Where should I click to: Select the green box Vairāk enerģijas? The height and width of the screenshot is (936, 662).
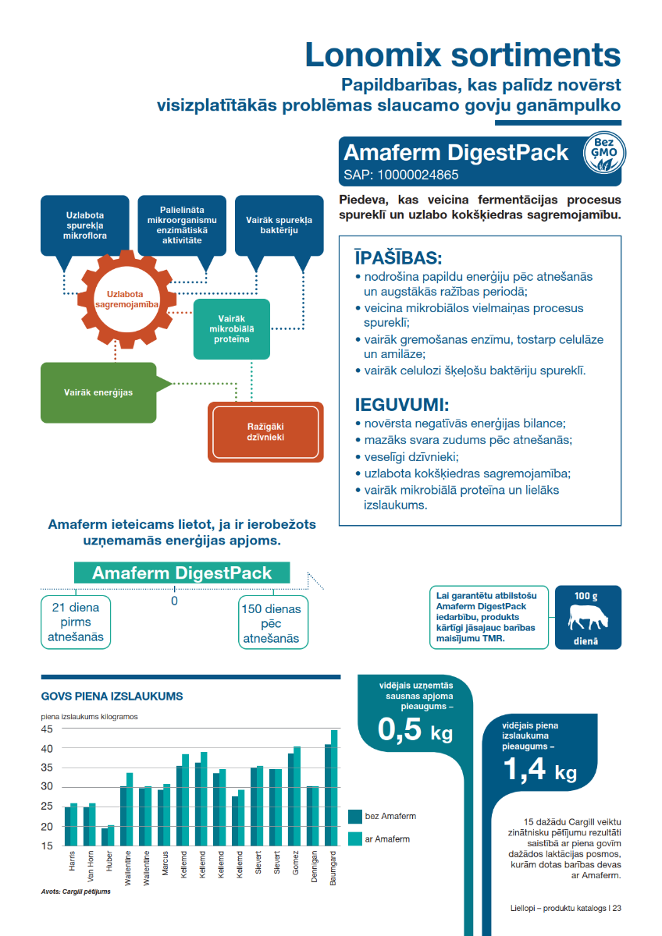[x=98, y=392]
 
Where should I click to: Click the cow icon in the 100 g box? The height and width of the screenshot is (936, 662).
[x=588, y=619]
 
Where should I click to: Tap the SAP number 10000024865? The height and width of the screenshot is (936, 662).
[x=401, y=175]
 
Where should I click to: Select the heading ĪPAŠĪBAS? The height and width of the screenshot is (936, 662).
[x=398, y=258]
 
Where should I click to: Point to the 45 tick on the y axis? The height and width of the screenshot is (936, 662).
[x=47, y=729]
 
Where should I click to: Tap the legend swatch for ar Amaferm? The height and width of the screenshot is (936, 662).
[x=355, y=839]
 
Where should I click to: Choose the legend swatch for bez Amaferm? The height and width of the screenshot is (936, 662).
[x=355, y=817]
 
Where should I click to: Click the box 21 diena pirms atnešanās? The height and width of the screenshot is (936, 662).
[x=76, y=622]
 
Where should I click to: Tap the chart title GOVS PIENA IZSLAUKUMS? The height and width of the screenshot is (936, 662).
[x=112, y=695]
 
